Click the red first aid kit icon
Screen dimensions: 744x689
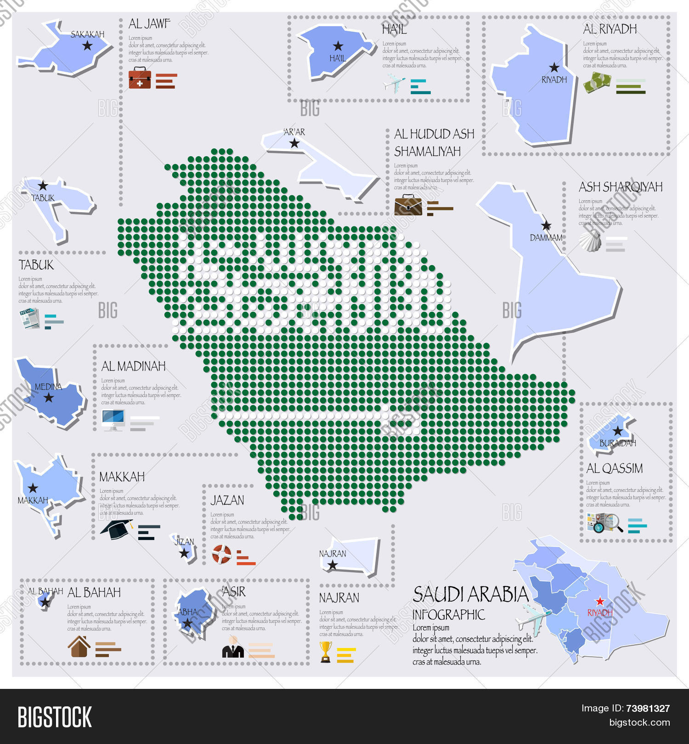click(x=140, y=78)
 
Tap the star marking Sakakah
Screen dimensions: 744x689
click(x=87, y=45)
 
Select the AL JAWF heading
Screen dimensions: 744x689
click(x=149, y=24)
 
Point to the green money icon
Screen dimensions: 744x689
click(x=597, y=83)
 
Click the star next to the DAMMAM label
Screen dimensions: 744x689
click(x=546, y=225)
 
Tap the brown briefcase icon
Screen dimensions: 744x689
click(x=408, y=205)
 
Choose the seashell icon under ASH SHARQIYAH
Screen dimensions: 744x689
click(x=590, y=242)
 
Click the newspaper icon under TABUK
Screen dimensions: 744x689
click(x=30, y=318)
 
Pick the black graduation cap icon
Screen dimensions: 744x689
click(x=117, y=530)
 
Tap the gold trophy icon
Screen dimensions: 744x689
click(x=326, y=652)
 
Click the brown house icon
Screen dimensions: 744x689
click(x=79, y=647)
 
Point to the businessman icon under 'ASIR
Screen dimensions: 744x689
click(x=233, y=648)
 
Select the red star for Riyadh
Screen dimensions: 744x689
click(x=600, y=601)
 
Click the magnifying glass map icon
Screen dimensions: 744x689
click(x=604, y=523)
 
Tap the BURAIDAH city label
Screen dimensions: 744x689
click(x=617, y=443)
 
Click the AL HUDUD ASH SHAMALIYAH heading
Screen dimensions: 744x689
click(x=434, y=142)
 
